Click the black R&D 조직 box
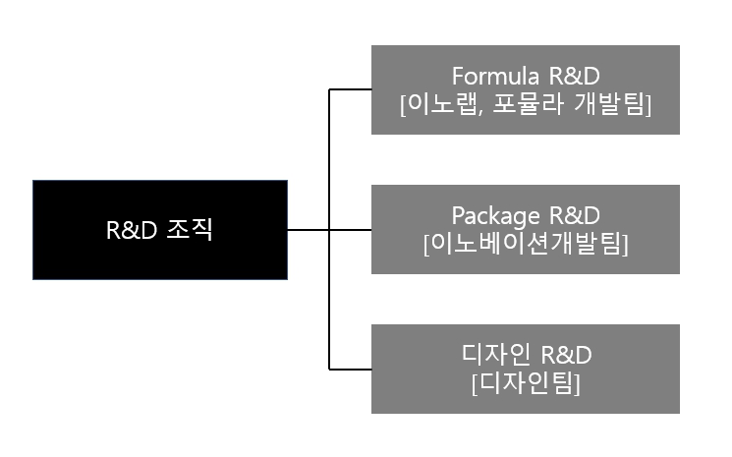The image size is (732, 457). pyautogui.click(x=159, y=230)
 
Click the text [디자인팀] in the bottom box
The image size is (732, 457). pyautogui.click(x=525, y=381)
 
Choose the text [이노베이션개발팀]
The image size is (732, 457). pyautogui.click(x=525, y=243)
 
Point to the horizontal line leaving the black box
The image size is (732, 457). pyautogui.click(x=309, y=230)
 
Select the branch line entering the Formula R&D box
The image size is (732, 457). pyautogui.click(x=350, y=89)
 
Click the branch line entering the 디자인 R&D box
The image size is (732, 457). pyautogui.click(x=350, y=370)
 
